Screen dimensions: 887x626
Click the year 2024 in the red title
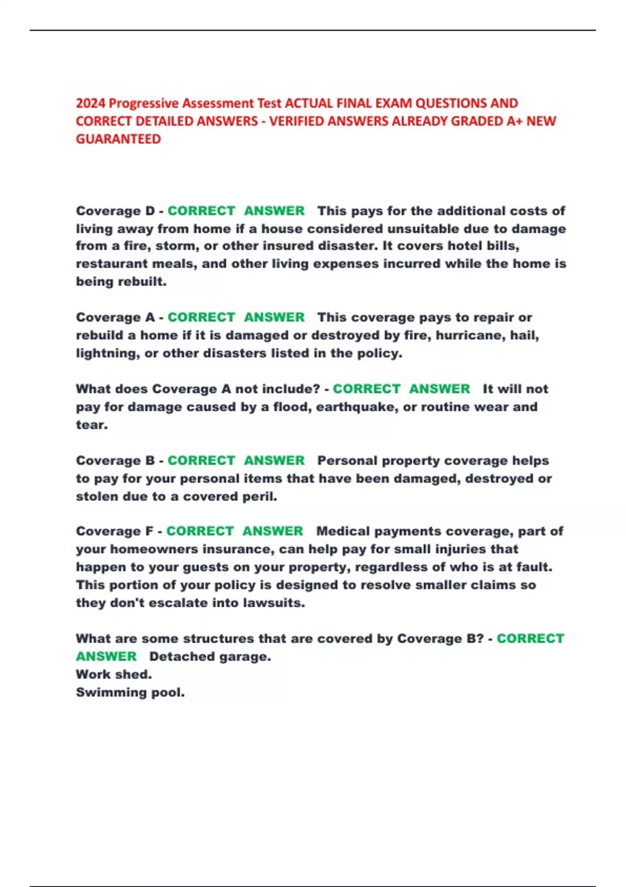(91, 103)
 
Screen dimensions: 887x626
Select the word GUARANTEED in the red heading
(118, 139)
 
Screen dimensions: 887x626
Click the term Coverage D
(115, 211)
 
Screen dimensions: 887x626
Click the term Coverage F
(115, 531)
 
